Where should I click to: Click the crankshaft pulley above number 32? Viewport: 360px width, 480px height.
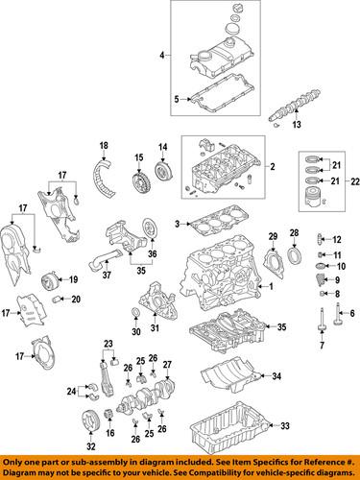tap(91, 420)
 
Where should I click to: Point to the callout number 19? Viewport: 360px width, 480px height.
tap(72, 279)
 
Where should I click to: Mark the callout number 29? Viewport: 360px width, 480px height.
tap(272, 236)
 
